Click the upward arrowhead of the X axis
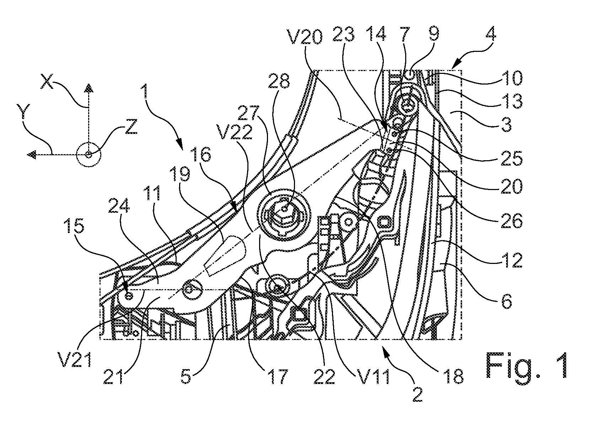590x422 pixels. pyautogui.click(x=88, y=88)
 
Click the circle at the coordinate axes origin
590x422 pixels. pyautogui.click(x=88, y=155)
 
